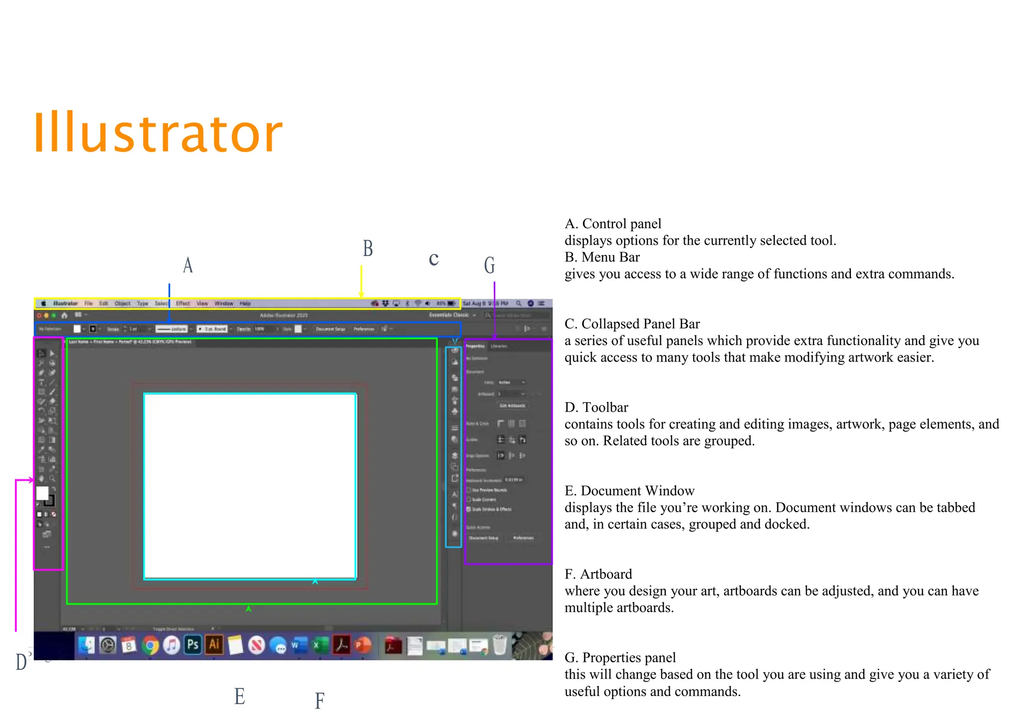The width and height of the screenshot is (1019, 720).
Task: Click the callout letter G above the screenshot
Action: pos(490,265)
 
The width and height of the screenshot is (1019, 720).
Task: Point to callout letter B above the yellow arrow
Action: pos(368,248)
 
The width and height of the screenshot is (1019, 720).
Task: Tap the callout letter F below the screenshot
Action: pos(319,701)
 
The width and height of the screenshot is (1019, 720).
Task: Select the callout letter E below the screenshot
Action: pos(239,696)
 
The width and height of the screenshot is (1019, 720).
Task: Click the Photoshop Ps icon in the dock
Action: pos(193,645)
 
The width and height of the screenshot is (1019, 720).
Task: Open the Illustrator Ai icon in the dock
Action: pos(214,645)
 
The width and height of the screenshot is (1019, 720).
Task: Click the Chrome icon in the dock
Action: pos(150,645)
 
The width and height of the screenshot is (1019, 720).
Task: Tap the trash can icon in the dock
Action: pos(499,645)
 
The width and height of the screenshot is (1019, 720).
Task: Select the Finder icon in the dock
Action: pos(86,645)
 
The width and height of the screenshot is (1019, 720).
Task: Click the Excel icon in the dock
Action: pos(320,645)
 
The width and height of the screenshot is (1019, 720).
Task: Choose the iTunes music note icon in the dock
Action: pos(171,645)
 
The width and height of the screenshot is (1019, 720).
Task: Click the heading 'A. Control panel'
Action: pos(613,224)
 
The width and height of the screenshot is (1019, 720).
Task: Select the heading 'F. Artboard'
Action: pos(598,574)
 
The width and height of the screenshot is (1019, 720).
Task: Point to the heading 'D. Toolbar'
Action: pos(596,407)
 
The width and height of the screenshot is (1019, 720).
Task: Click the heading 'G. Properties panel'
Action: pos(620,657)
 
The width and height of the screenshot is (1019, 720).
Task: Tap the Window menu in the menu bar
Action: pos(223,303)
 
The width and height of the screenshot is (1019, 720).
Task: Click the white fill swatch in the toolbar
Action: pos(42,493)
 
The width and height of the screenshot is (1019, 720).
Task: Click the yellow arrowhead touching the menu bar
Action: pos(361,295)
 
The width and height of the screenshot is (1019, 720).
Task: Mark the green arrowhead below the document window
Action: pos(248,608)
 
